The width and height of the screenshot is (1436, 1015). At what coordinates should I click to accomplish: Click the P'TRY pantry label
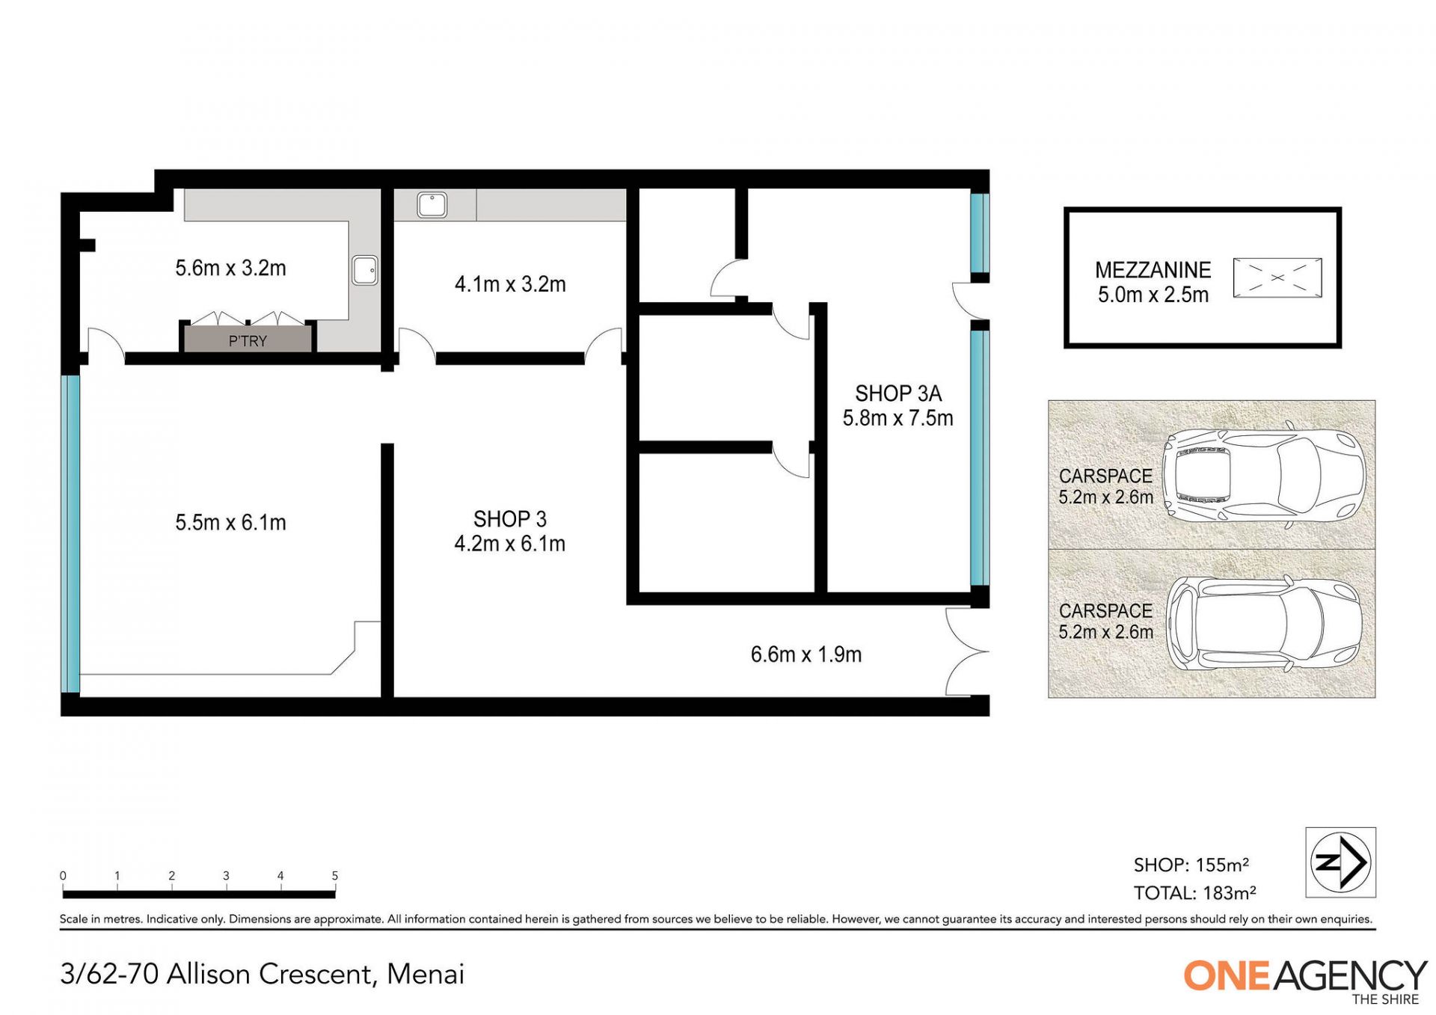pos(248,341)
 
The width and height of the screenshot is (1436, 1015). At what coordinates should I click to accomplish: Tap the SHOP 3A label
pos(898,393)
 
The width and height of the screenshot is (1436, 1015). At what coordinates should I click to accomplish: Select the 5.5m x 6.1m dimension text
pos(230,522)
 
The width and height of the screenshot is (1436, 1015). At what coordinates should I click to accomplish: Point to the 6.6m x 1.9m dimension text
pos(806,654)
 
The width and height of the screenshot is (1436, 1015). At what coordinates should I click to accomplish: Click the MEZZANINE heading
pos(1153,270)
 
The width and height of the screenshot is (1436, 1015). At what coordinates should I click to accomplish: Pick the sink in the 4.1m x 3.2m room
pos(432,204)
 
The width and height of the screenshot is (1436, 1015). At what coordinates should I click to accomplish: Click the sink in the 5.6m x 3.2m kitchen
pos(365,270)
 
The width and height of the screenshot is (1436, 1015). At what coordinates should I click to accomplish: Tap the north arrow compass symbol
pos(1340,862)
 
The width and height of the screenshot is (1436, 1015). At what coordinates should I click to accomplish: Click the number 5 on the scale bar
pos(335,876)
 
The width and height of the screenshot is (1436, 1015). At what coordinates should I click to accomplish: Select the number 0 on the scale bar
pos(63,876)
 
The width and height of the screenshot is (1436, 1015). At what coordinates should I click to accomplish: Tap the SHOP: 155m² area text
pos(1191,865)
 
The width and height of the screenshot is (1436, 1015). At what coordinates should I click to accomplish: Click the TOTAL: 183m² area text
pos(1194,893)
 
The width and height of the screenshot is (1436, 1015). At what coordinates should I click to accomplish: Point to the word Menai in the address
pos(426,974)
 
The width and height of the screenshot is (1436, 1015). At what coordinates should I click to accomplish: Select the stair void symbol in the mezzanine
pos(1277,277)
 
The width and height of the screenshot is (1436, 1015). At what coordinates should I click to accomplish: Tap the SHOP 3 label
pos(510,519)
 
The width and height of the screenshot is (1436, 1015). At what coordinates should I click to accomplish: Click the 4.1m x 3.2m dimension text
pos(510,284)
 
